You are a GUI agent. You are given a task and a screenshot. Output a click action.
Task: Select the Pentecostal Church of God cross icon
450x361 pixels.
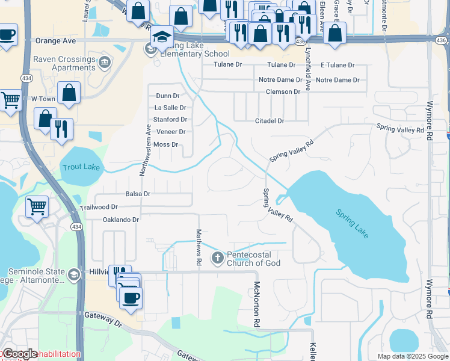pos(217,258)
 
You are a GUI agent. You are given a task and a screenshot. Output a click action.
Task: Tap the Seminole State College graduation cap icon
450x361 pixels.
pos(73,276)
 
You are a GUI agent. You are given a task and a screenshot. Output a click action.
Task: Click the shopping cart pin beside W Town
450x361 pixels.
pos(10,100)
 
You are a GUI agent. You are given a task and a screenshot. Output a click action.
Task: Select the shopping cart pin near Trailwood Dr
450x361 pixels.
pos(37,207)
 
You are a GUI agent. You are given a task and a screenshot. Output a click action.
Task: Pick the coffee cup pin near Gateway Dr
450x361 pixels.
pos(131,297)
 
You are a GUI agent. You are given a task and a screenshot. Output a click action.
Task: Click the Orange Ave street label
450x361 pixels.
pos(56,41)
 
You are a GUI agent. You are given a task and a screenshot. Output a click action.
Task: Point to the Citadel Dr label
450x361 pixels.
pos(269,121)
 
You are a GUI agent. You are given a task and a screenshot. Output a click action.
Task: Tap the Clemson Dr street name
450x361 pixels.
pos(283,91)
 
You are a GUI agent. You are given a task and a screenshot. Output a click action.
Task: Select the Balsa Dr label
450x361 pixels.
pos(138,194)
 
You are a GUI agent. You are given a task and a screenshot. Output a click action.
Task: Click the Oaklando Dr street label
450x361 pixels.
pos(121,220)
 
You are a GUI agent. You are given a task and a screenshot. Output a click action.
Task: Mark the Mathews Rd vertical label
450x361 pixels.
pos(198,247)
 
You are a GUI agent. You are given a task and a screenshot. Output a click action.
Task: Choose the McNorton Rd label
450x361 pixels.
pos(256,304)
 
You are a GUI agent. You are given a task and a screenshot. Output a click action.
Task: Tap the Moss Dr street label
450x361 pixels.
pos(166,144)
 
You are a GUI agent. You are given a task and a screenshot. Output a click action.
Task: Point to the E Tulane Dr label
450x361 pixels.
pos(339,65)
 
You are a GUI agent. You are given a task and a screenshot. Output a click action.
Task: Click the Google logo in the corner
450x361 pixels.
pos(20,354)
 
